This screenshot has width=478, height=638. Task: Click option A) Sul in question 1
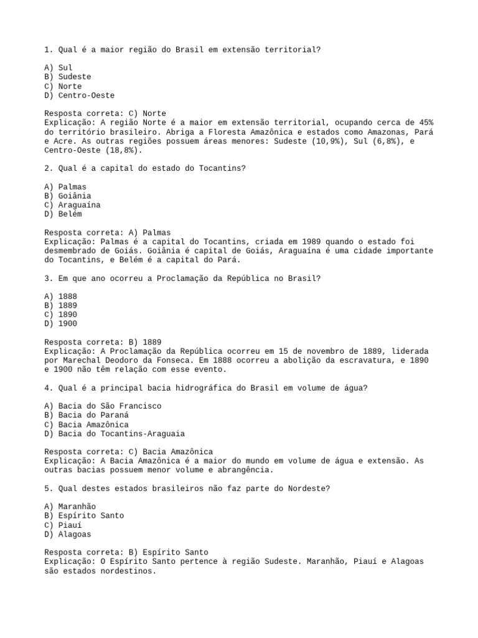click(59, 67)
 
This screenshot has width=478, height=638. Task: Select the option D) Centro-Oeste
click(79, 95)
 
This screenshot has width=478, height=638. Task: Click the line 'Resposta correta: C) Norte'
click(105, 113)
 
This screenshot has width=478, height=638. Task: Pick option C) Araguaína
click(72, 205)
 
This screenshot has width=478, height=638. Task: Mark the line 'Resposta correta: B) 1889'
click(103, 342)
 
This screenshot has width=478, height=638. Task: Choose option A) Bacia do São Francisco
click(103, 406)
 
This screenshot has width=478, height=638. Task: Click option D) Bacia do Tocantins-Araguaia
click(115, 434)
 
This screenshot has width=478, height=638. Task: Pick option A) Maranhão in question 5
click(70, 507)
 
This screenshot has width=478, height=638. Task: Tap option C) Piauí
click(63, 525)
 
